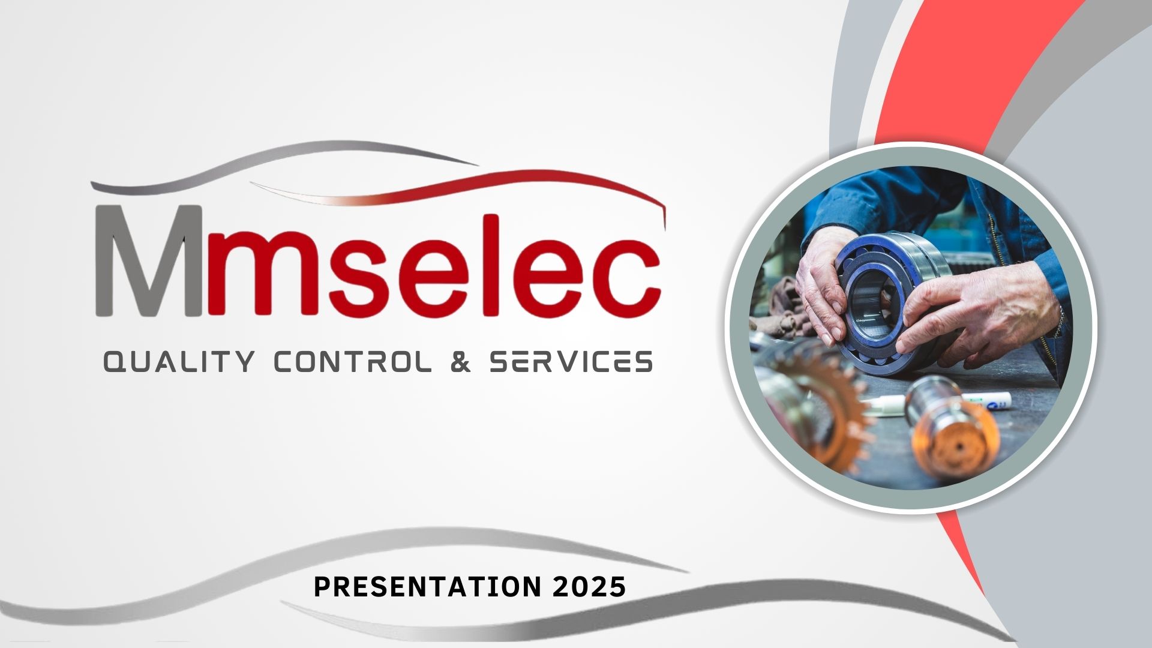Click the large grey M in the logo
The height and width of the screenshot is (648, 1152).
(x=148, y=261)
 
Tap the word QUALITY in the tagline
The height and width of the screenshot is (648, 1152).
(x=178, y=362)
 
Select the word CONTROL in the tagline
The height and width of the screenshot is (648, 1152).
(x=352, y=362)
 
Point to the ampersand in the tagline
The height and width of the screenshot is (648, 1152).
(x=460, y=362)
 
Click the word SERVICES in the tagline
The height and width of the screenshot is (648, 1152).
(x=571, y=362)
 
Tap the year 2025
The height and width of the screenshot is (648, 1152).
(x=589, y=586)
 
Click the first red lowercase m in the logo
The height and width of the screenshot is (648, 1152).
(x=264, y=277)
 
